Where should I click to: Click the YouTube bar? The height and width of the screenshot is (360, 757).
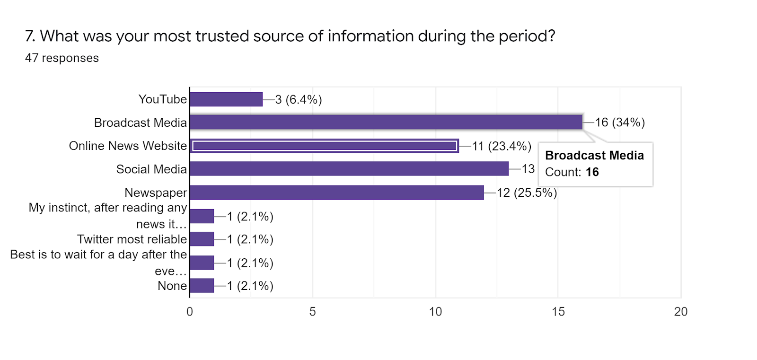[226, 99]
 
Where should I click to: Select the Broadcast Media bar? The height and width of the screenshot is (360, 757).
[386, 123]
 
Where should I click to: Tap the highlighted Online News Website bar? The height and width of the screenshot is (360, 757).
[324, 146]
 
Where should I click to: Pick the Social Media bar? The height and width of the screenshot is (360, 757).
[349, 169]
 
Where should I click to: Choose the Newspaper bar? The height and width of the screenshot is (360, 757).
[336, 193]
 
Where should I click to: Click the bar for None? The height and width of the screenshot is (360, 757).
[202, 286]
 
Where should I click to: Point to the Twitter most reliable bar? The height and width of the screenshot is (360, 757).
[202, 239]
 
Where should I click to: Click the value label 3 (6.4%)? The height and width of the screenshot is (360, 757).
[299, 100]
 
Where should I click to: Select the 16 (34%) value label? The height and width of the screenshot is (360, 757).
[620, 123]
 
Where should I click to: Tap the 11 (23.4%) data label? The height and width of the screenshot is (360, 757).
[502, 146]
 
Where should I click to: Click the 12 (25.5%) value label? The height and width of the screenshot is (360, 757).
[527, 193]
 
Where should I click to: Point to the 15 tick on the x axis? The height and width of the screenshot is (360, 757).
[558, 312]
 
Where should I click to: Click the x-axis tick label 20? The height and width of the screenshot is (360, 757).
[681, 312]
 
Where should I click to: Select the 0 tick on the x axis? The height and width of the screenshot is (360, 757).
[190, 312]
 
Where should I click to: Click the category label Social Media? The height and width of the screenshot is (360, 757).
[151, 169]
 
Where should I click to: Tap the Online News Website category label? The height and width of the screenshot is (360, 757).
[128, 146]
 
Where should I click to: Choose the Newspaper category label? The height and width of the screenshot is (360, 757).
[156, 193]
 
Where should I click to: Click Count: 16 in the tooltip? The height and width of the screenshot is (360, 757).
[572, 172]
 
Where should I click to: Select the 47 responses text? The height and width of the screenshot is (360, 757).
[62, 58]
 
